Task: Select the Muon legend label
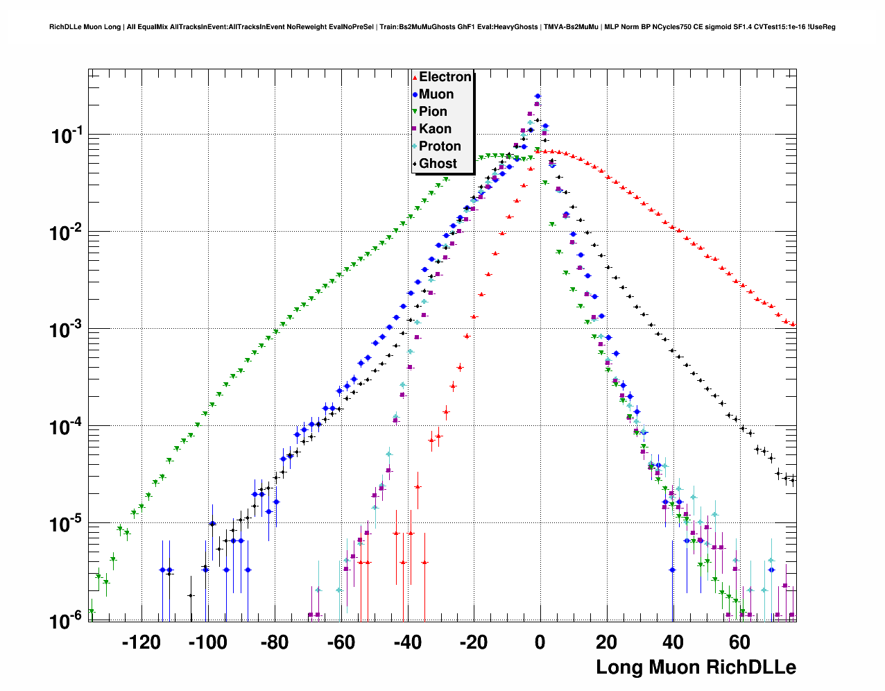coord(436,94)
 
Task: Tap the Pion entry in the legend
coord(433,112)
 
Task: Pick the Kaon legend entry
coord(435,129)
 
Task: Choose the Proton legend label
coord(440,146)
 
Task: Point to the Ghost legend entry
coord(438,164)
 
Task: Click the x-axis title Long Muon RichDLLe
coord(696,667)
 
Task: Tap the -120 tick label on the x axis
coord(141,642)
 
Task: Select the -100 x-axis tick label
coord(207,642)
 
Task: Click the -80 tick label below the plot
coord(274,642)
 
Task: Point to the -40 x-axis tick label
coord(407,642)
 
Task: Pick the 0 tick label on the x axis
coord(540,642)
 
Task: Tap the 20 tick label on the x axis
coord(607,642)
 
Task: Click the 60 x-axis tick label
coord(740,642)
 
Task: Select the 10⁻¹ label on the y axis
coord(67,136)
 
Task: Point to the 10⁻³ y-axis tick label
coord(67,330)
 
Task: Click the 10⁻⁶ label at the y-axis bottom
coord(67,620)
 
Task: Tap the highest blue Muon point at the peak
coord(538,96)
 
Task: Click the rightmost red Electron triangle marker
coord(793,324)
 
